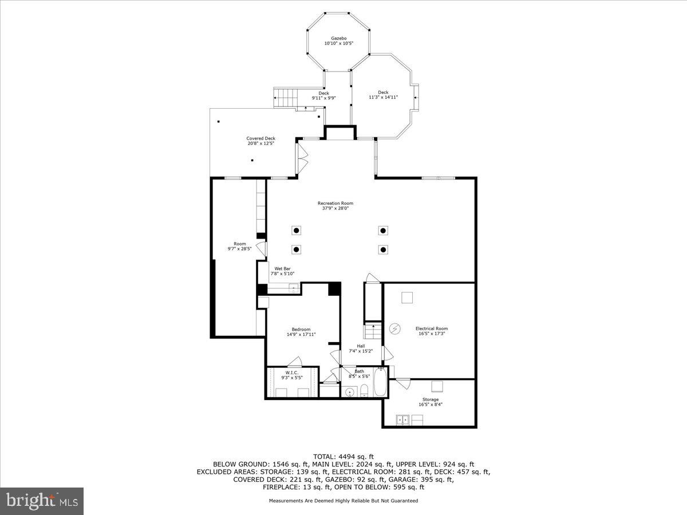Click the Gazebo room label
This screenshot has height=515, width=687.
[x=335, y=38]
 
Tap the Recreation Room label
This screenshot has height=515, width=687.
[x=335, y=203]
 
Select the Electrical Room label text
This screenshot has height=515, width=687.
[x=431, y=328]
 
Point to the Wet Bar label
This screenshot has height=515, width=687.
[x=282, y=268]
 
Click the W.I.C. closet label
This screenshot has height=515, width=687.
[x=292, y=373]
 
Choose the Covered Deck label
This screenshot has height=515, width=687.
[x=260, y=138]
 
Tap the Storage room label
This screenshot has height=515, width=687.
[x=431, y=399]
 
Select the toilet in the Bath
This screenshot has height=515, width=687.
[x=364, y=391]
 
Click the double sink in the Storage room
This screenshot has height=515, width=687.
[x=402, y=420]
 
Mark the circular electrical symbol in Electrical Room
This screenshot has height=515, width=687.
[x=395, y=328]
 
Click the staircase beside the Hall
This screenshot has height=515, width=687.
[x=373, y=331]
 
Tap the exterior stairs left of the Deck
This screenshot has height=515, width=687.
[x=285, y=98]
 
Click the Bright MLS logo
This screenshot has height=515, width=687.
[x=42, y=501]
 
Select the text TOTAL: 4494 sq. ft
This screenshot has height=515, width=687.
[x=343, y=456]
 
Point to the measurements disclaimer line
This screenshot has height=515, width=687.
[x=343, y=501]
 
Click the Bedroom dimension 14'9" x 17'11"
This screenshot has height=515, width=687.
[x=301, y=334]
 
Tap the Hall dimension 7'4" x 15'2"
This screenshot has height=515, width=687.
[x=361, y=351]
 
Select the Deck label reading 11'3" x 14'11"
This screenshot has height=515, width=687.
[x=383, y=97]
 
